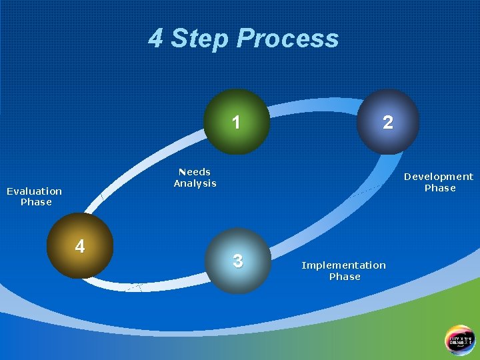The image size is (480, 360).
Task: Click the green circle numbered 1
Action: click(237, 122)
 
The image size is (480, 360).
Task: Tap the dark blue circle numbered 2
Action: click(388, 122)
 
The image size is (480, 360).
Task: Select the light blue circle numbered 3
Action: click(238, 261)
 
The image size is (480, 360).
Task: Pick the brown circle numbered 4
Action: click(81, 246)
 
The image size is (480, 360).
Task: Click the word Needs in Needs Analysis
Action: click(195, 172)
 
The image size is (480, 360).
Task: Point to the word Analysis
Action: click(195, 183)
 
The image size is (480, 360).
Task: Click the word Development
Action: click(439, 177)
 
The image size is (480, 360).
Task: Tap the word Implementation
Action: click(343, 265)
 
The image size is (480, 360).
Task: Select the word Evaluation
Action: click(34, 191)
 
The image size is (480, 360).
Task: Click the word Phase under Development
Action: click(440, 188)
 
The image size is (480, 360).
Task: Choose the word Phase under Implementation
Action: click(345, 277)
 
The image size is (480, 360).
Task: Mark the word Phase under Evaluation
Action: click(36, 202)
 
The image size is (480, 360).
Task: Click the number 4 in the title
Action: click(155, 39)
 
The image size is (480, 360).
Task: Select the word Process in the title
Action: click(287, 39)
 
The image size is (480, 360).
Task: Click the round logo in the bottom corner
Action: click(460, 339)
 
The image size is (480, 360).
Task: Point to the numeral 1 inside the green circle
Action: click(236, 123)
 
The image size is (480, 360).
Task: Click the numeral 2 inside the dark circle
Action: click(388, 123)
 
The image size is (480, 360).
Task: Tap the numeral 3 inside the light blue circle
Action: click(238, 261)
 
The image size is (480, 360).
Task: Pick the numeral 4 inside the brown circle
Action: click(80, 247)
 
